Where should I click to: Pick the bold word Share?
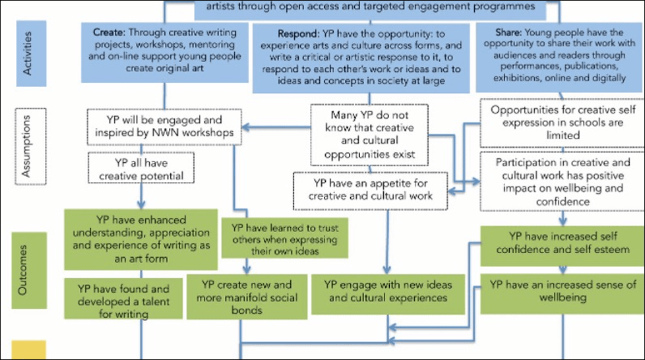pos(508,32)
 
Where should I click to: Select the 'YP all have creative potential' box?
pos(142,167)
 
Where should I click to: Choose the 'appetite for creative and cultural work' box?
pos(371,189)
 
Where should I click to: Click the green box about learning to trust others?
pos(284,238)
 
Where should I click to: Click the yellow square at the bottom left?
pos(28,350)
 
